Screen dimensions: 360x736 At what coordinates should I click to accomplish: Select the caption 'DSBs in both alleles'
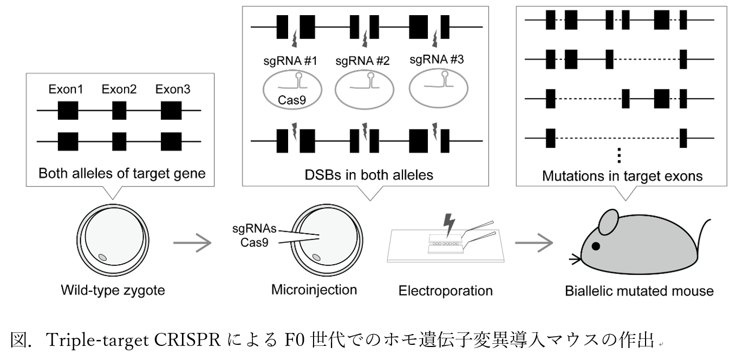click(x=366, y=175)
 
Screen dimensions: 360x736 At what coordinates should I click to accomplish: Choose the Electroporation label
click(x=446, y=291)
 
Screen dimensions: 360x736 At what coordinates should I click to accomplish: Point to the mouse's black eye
click(x=596, y=246)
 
